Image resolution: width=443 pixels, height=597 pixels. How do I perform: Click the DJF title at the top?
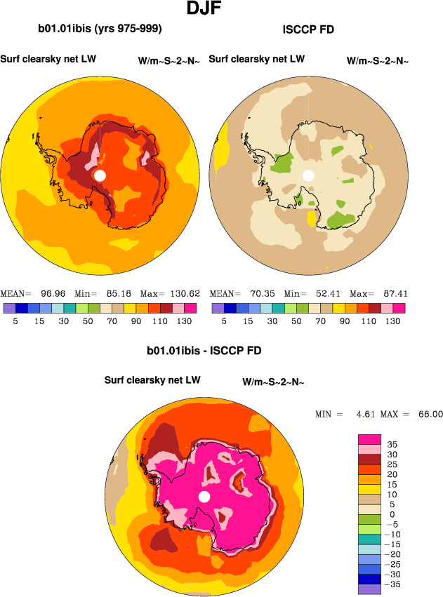click(x=206, y=9)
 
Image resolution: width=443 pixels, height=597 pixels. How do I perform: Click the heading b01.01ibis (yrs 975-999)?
click(x=100, y=29)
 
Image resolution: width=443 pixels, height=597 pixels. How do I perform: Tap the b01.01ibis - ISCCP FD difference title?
click(x=204, y=349)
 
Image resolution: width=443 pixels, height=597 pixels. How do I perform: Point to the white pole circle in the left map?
click(x=100, y=175)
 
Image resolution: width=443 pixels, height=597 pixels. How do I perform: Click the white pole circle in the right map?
click(x=308, y=175)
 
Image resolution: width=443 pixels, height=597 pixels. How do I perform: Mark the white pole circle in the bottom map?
click(x=204, y=497)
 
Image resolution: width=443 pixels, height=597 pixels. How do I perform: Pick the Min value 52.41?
click(x=322, y=293)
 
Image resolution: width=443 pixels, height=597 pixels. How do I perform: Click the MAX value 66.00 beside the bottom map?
click(x=428, y=415)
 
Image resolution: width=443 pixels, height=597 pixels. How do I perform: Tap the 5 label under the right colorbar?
click(x=224, y=321)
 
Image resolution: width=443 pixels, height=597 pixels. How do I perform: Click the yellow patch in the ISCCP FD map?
click(x=311, y=219)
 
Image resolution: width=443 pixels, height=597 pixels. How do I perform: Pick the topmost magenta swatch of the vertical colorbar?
click(x=369, y=439)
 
